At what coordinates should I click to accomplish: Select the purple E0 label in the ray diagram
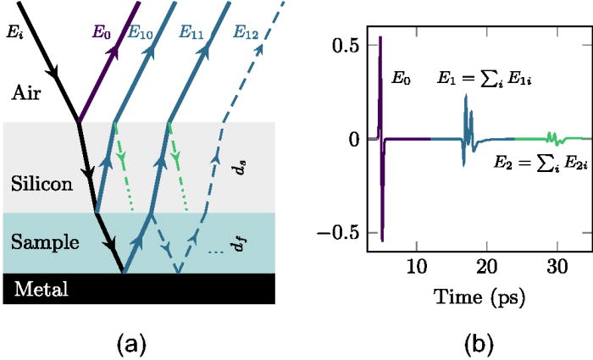coord(101,36)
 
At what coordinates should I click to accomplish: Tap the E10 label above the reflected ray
coord(141,36)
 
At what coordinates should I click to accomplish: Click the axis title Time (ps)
coord(474,296)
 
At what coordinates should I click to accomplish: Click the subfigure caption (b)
coord(474,342)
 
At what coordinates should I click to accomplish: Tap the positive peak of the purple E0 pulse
coord(380,38)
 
